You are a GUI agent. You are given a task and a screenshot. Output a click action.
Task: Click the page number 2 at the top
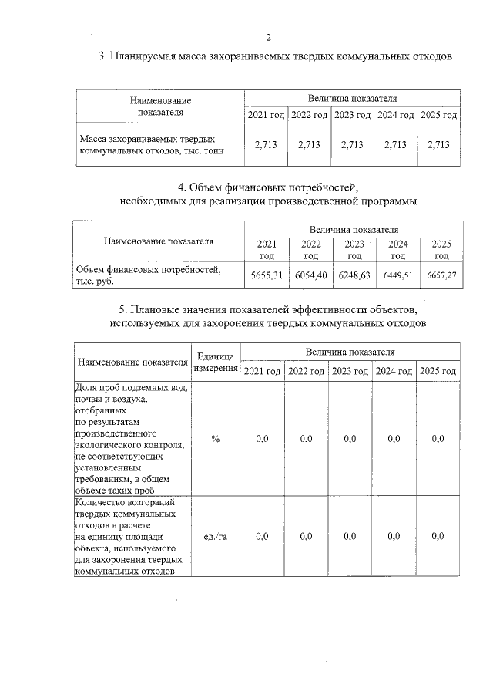coord(268,37)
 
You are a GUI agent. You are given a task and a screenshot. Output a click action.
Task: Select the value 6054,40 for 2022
coord(311,275)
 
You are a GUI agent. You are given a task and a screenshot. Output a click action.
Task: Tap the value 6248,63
coord(354,275)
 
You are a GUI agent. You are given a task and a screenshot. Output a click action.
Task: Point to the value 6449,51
coord(398,275)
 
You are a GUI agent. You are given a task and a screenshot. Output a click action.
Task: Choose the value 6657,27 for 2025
coord(441,275)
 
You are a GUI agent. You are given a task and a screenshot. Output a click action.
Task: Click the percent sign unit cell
coord(216,438)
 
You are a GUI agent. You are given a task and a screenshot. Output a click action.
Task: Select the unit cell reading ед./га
coord(216,536)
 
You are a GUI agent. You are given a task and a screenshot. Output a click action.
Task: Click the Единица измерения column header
coord(216,361)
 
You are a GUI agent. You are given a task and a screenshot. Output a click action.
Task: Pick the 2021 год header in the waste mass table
coord(267,115)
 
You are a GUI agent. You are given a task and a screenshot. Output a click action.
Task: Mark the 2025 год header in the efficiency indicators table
coord(438,371)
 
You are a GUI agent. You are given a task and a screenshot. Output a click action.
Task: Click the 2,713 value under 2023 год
coord(351,144)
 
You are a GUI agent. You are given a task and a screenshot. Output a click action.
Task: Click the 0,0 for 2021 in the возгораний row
coord(262,536)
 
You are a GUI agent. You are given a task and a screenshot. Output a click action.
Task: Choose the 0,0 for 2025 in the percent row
coord(438,438)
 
